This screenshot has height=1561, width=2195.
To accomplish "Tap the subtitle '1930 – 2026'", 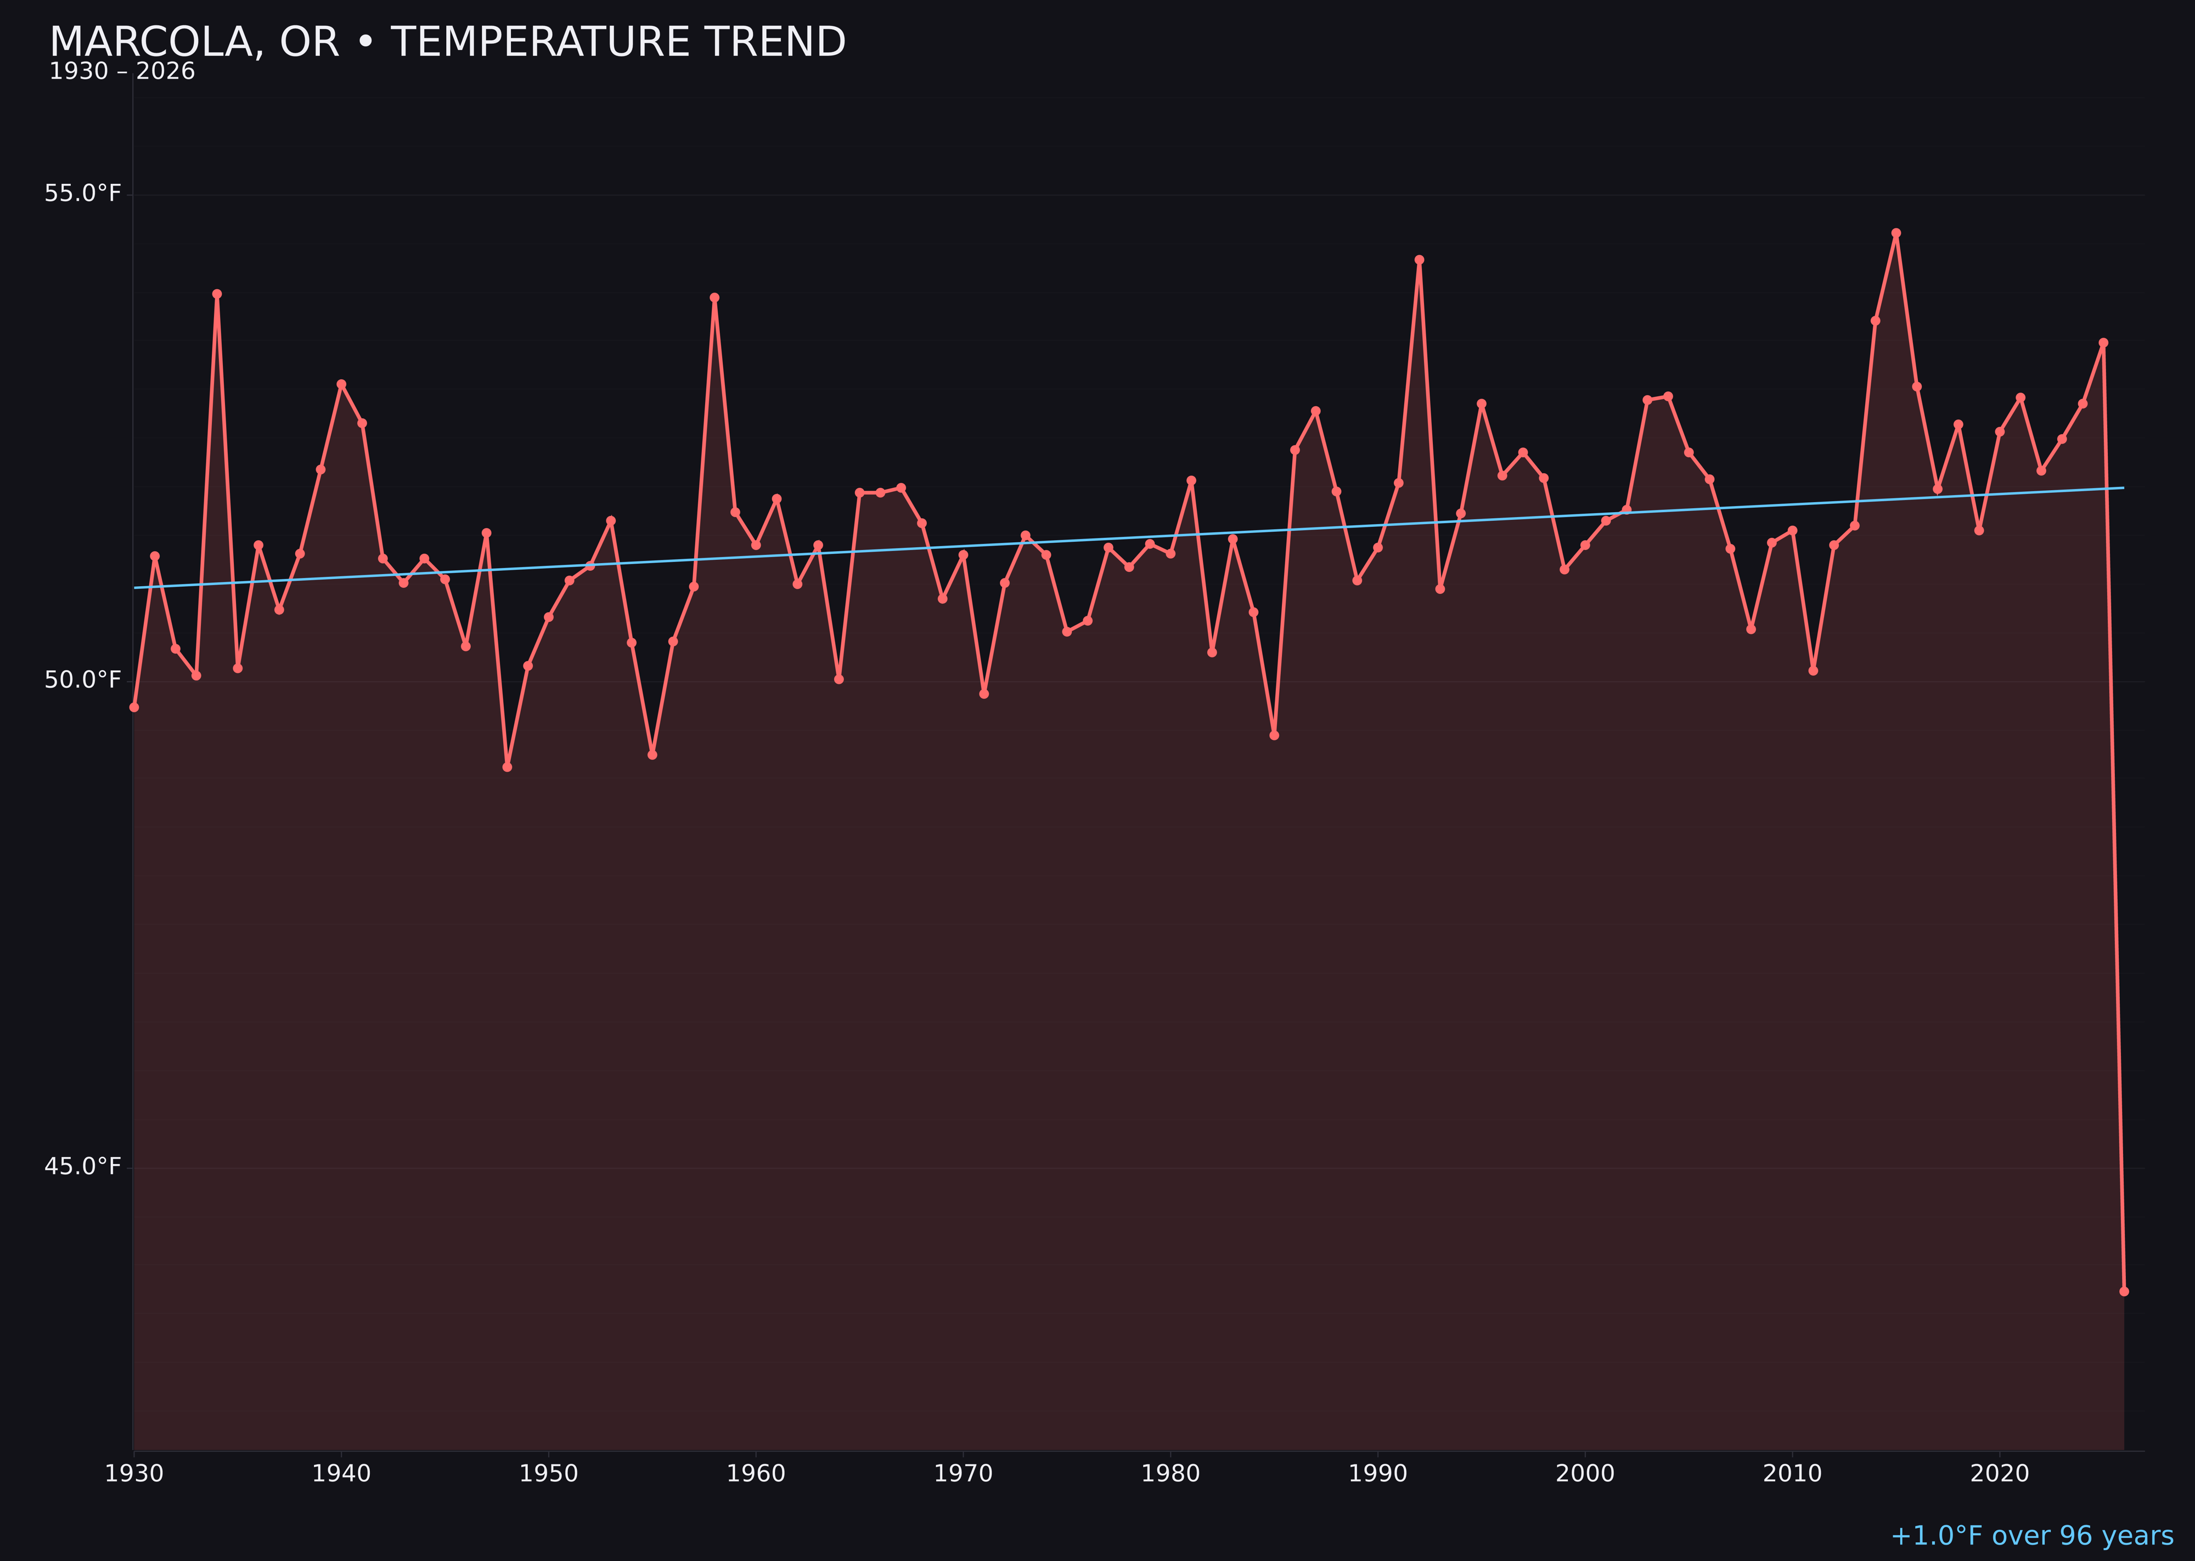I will tap(122, 72).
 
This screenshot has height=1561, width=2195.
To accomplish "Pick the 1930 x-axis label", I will tap(133, 1474).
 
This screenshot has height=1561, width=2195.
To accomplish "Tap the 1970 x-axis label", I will tap(963, 1474).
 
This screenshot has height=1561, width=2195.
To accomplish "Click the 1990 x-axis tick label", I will tap(1378, 1474).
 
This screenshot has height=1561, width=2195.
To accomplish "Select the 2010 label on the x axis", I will tap(1792, 1474).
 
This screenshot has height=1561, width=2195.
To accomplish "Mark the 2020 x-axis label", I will tap(2000, 1474).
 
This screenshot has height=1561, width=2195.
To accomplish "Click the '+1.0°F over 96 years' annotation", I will tap(2031, 1536).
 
